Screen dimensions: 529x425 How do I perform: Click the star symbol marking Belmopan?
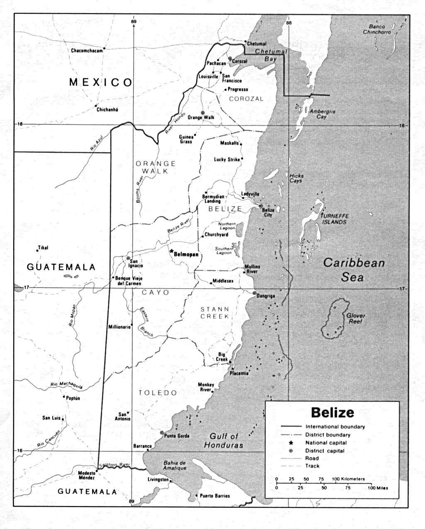tap(171, 251)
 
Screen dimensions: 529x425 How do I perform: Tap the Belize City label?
tap(268, 213)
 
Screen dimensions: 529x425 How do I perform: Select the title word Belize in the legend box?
tap(332, 413)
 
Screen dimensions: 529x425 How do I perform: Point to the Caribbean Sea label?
tap(354, 270)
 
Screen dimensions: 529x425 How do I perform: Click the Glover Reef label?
tap(355, 318)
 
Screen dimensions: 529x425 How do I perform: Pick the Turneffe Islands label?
tap(335, 219)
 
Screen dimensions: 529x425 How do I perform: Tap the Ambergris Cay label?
tap(322, 114)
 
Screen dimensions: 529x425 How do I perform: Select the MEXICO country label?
tap(100, 82)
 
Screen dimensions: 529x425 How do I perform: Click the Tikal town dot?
tap(37, 250)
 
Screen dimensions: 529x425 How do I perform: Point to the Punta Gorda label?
tap(177, 436)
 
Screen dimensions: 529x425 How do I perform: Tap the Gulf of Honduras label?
tap(223, 441)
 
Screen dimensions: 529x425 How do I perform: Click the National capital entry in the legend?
tap(326, 443)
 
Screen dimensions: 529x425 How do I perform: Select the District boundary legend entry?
tap(328, 435)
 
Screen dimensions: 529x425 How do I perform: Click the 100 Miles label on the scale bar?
tap(378, 488)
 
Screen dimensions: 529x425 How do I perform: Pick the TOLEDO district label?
tap(158, 393)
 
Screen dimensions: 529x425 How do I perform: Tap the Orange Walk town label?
tap(201, 118)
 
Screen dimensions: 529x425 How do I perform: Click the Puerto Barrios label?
tap(215, 496)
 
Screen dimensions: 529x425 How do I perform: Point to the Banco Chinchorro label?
tap(377, 29)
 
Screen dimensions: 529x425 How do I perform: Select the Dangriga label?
tap(266, 296)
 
